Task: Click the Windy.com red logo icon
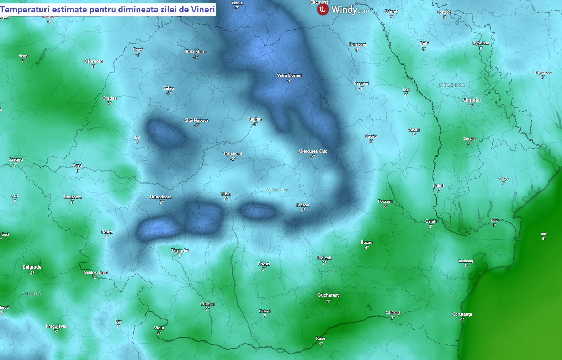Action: (323, 10)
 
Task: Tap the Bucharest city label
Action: (328, 295)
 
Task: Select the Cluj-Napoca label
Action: (196, 120)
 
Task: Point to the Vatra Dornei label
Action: (289, 75)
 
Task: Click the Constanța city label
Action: (462, 314)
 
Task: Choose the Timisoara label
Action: (73, 197)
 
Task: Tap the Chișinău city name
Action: (472, 100)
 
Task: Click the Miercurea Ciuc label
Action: (313, 151)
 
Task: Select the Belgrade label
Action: (32, 267)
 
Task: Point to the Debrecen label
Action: (94, 61)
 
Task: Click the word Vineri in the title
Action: (203, 10)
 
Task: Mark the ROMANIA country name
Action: (276, 190)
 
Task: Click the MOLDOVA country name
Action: (452, 85)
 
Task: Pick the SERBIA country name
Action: (32, 294)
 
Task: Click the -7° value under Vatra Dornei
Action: (289, 81)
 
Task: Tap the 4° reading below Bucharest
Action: (328, 301)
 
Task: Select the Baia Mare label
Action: (196, 52)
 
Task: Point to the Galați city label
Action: (431, 221)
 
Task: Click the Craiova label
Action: (207, 304)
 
